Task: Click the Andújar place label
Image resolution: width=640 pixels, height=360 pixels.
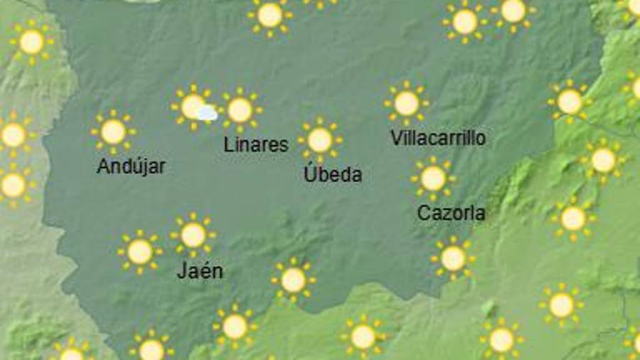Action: (131, 166)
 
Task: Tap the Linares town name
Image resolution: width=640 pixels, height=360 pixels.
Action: (256, 145)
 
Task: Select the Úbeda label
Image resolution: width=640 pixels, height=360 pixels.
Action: (333, 174)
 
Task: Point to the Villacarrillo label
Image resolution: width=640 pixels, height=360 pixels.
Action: (438, 138)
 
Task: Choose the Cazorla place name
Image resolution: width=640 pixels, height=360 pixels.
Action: (452, 213)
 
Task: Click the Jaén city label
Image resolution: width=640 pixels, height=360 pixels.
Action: (200, 271)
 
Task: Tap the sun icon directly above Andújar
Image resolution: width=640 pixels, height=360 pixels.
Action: (113, 132)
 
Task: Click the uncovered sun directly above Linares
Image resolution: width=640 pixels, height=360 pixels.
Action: (240, 110)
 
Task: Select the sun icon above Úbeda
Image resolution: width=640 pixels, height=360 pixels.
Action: (320, 140)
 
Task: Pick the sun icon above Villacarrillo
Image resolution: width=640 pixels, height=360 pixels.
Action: (406, 103)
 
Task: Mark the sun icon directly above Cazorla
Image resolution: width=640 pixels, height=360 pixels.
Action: (433, 178)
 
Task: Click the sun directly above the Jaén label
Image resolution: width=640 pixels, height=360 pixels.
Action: (193, 235)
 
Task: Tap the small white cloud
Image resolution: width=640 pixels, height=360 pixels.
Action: (207, 113)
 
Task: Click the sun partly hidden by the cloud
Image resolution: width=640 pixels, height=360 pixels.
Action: (191, 107)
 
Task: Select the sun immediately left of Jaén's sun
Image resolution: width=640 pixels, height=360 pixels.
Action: (139, 251)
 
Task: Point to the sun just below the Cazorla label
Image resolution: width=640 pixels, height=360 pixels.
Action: (453, 258)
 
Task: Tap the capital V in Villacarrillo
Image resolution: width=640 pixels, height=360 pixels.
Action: (397, 138)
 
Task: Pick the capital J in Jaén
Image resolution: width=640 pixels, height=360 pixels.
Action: (181, 271)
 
